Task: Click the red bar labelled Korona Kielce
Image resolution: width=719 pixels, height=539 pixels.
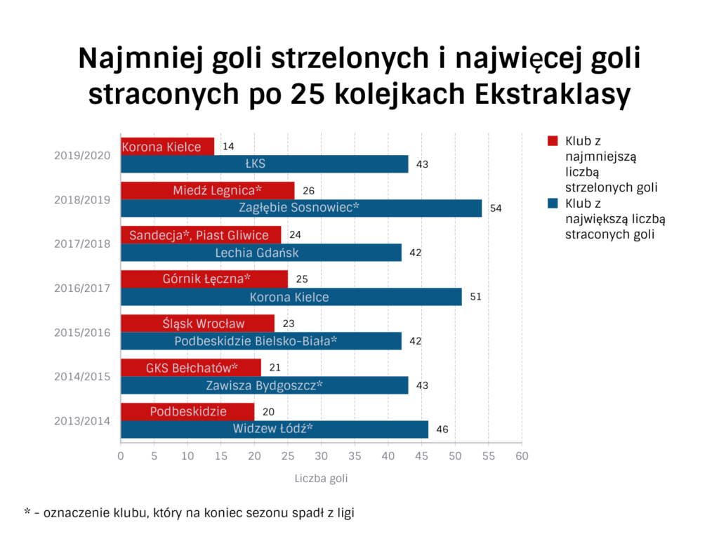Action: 167,147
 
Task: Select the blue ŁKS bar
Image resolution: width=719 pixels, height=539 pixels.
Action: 264,164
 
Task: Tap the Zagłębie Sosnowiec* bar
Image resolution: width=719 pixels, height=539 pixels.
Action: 301,208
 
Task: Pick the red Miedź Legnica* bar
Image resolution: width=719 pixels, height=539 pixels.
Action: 208,190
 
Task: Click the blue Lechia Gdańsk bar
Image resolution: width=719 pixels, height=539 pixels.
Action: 261,253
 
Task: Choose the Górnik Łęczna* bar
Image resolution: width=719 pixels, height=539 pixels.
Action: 204,279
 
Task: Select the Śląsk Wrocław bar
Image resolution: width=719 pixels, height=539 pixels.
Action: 197,324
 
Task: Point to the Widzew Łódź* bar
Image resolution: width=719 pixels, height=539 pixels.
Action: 274,430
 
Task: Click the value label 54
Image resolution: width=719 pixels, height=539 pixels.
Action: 496,208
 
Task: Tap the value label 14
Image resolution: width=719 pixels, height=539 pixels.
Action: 228,147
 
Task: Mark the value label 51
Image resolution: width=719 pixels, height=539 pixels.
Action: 475,297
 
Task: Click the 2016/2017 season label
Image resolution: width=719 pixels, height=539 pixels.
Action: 82,288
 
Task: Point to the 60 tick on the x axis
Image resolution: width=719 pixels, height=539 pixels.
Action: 521,456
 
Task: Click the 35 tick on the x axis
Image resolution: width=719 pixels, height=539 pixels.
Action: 355,456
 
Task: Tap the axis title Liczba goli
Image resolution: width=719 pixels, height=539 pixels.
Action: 320,479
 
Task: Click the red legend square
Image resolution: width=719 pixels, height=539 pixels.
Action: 553,141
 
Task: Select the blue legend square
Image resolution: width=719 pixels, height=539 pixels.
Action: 553,204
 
